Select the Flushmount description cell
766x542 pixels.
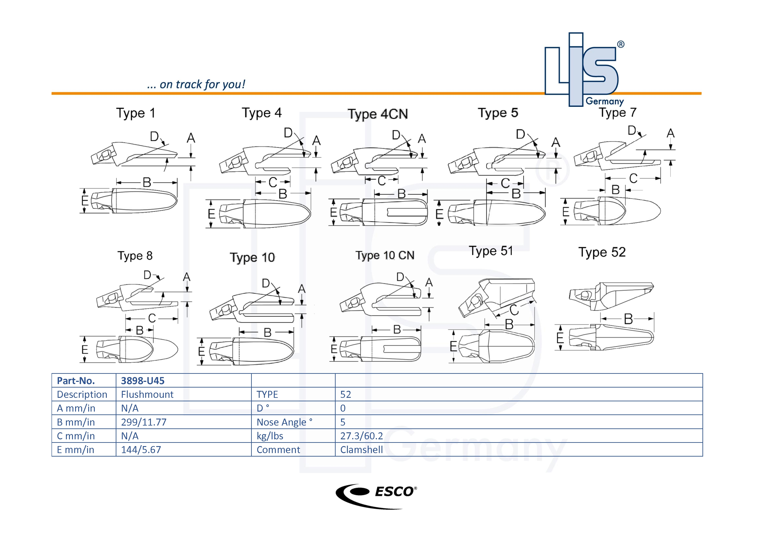147,395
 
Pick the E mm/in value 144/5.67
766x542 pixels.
141,450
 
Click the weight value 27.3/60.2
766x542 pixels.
361,436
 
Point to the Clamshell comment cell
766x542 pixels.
361,450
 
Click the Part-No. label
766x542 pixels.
76,381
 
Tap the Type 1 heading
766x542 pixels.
135,113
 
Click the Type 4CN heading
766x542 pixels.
378,114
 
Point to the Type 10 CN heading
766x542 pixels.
385,255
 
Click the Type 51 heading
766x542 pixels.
491,251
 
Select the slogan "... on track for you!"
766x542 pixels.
196,85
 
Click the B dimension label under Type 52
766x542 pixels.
628,319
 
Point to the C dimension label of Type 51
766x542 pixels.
514,310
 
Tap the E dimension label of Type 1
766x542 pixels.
85,201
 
